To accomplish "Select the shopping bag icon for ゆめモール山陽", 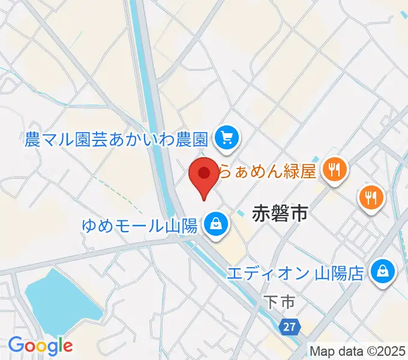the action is point(214,225).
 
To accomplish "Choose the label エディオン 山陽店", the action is point(295,274).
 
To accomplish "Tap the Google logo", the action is point(40,346).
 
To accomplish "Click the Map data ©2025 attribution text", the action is point(358,350).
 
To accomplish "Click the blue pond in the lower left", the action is point(60,300).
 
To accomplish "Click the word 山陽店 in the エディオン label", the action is point(340,274).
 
